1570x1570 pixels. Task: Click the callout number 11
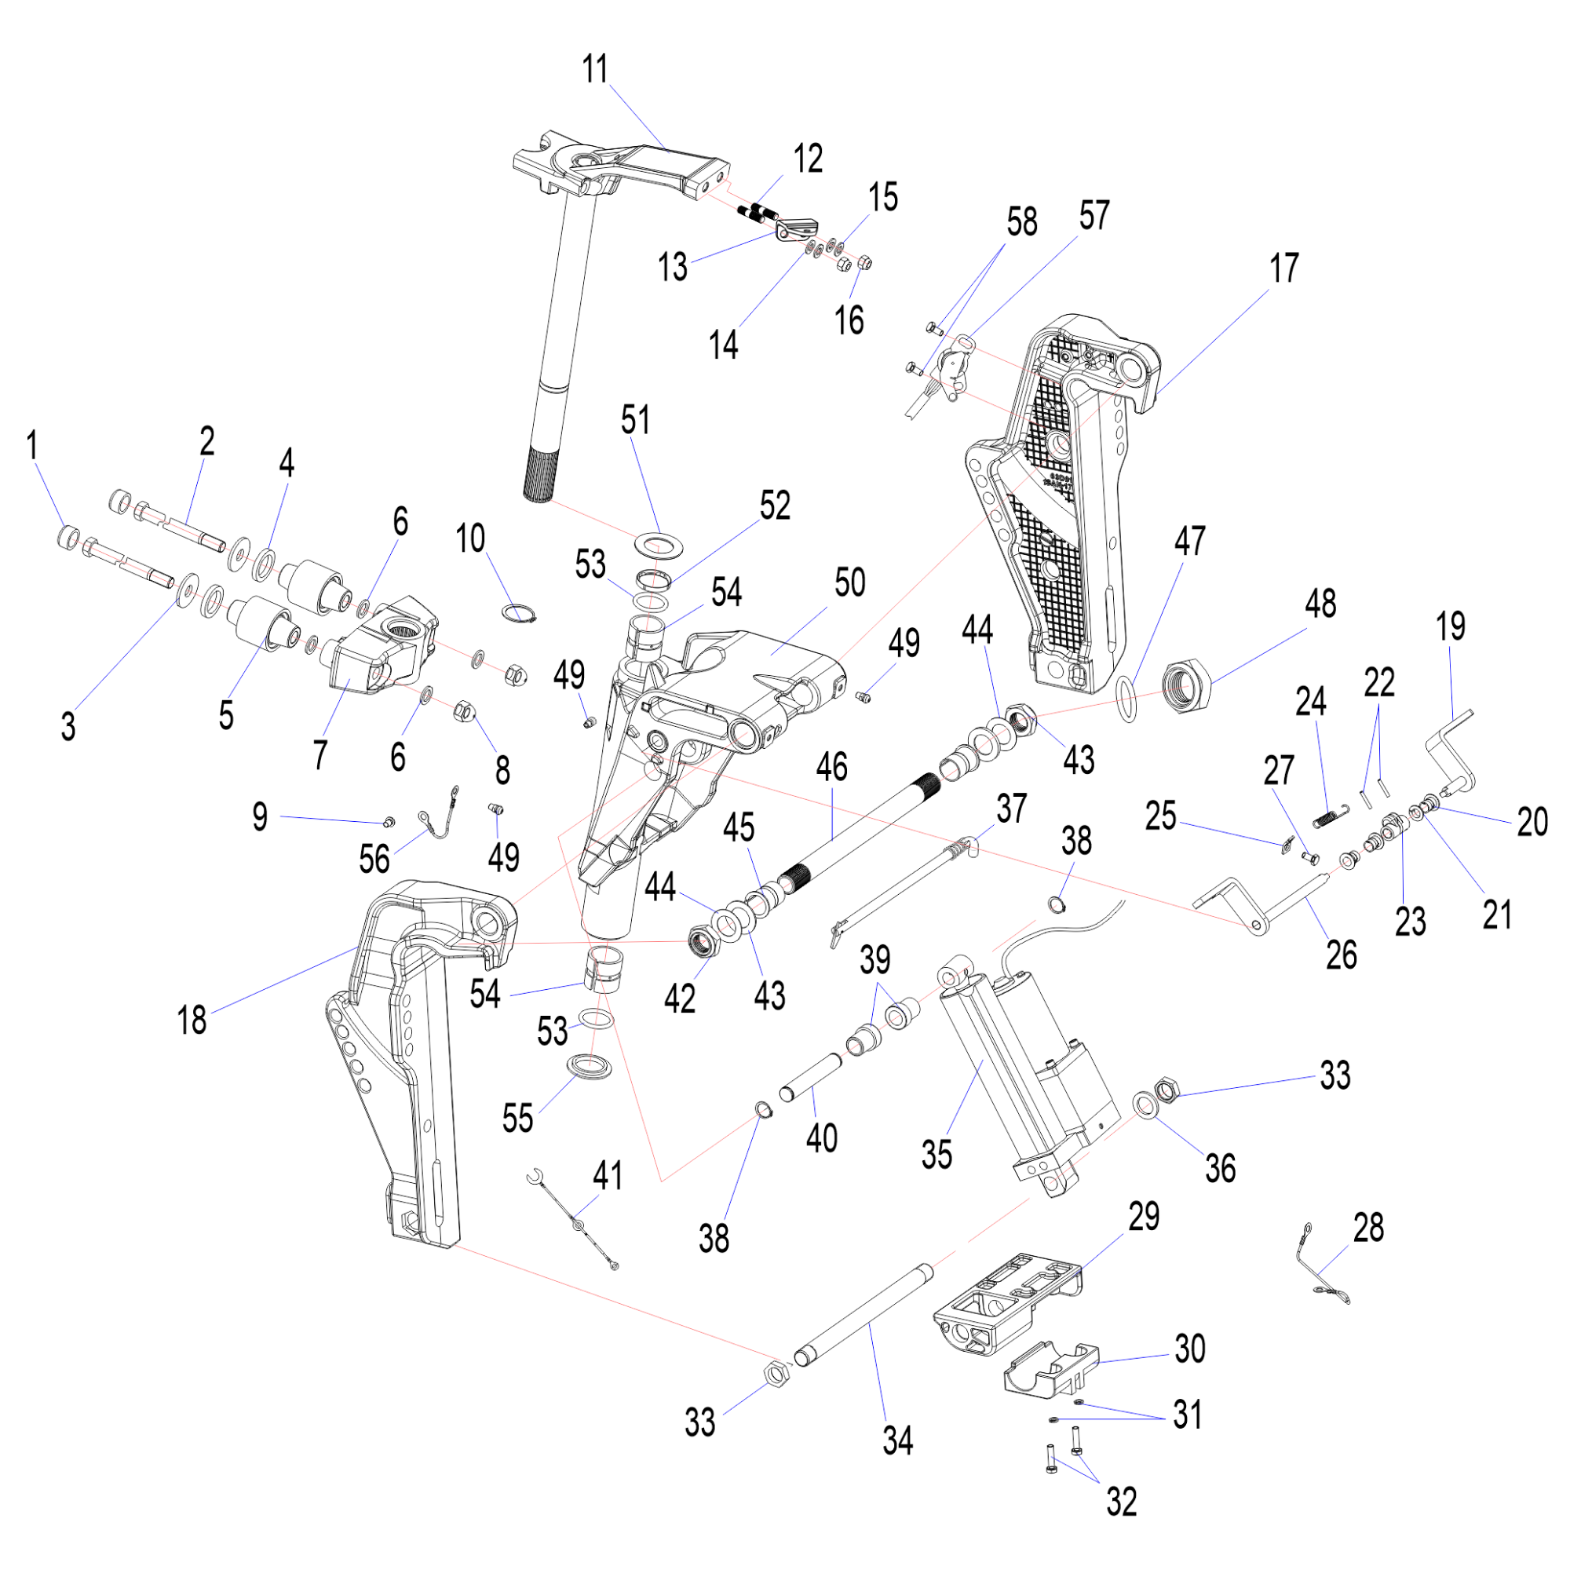(x=596, y=69)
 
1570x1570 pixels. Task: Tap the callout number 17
(x=1284, y=268)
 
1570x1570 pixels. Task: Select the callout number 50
(x=850, y=582)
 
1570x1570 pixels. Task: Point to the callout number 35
(x=937, y=1154)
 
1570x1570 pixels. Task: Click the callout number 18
(x=192, y=1020)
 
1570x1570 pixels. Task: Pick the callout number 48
(x=1320, y=604)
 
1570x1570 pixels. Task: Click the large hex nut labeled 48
(x=1187, y=688)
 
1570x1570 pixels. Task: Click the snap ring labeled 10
(x=520, y=613)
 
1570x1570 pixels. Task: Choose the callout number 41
(x=608, y=1176)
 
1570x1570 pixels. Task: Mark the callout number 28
(x=1368, y=1228)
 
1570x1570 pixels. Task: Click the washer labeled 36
(x=1146, y=1106)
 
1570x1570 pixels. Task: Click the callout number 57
(x=1094, y=215)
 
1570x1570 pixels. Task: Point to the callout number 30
(x=1190, y=1349)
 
